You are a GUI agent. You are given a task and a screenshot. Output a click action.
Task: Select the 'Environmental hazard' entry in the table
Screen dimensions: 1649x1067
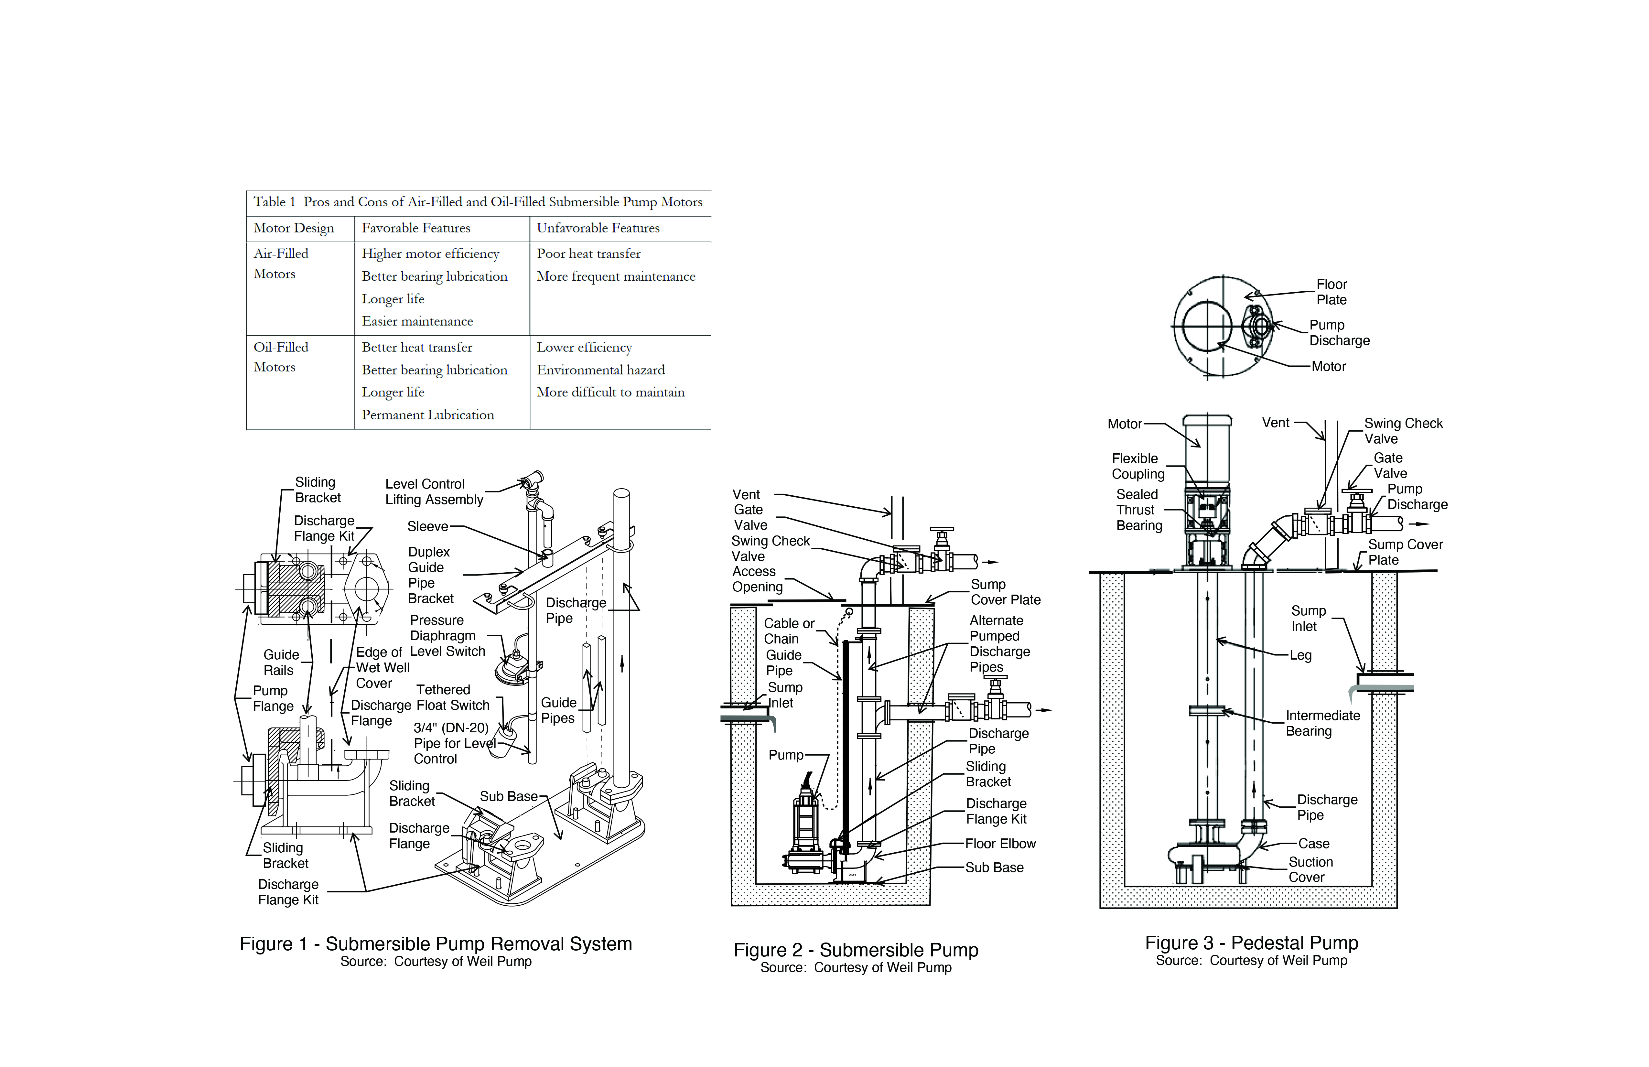[601, 370]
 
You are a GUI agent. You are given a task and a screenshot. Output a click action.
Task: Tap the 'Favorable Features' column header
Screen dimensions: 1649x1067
[416, 228]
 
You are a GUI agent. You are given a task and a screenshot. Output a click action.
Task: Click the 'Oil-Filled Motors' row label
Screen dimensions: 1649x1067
[281, 357]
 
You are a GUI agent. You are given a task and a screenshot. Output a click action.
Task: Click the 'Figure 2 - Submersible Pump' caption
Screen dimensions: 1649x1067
[856, 950]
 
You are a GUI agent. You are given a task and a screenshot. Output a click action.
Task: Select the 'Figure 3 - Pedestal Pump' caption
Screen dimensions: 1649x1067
[1251, 943]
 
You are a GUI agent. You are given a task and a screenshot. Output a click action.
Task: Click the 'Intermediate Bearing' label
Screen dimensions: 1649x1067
[1323, 723]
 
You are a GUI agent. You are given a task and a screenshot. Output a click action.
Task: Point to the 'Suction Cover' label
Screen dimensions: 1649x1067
[1310, 869]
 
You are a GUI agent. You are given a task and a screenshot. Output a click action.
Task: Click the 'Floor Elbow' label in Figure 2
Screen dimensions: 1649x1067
[1000, 844]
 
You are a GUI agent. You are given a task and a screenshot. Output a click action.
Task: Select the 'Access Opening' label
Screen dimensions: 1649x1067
[757, 579]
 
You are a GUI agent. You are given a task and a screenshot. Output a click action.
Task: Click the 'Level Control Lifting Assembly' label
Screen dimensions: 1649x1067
[435, 492]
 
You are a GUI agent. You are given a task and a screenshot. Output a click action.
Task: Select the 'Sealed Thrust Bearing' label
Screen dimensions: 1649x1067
[1139, 510]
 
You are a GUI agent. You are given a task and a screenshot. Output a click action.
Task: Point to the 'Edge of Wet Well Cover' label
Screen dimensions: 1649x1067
[383, 668]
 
